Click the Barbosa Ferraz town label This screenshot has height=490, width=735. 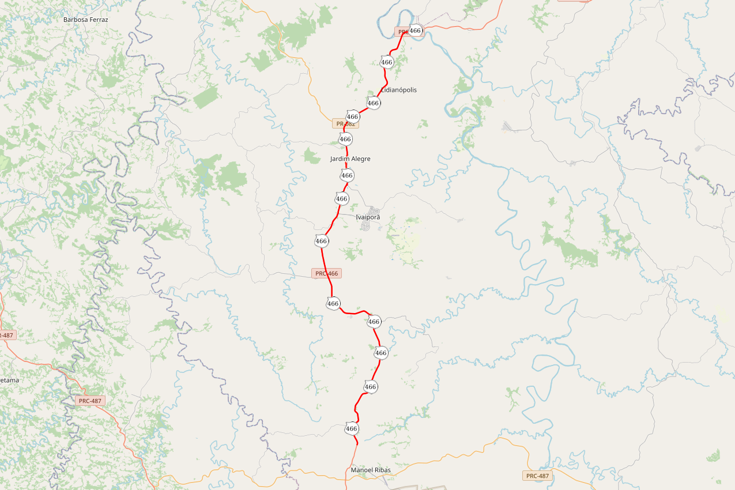[86, 20]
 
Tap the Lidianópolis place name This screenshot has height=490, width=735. [399, 90]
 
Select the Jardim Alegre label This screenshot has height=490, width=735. [350, 159]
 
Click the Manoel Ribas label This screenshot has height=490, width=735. [371, 470]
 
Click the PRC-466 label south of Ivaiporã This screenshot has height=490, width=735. [326, 273]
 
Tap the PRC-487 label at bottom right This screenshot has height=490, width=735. [538, 476]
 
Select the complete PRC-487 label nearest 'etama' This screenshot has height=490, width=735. [90, 401]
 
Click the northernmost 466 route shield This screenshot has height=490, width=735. [415, 31]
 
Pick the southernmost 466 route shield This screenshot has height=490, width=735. [352, 428]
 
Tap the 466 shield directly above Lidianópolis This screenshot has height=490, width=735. [387, 62]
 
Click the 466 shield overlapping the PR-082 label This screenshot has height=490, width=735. [353, 116]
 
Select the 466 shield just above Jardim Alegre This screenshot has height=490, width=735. [345, 139]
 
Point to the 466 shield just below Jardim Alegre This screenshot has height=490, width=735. [346, 175]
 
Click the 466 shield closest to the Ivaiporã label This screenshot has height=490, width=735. [342, 199]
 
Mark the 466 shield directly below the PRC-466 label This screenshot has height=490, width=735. [333, 303]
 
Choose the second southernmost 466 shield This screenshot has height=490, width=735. [371, 387]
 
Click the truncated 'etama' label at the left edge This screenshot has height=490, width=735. [9, 380]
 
